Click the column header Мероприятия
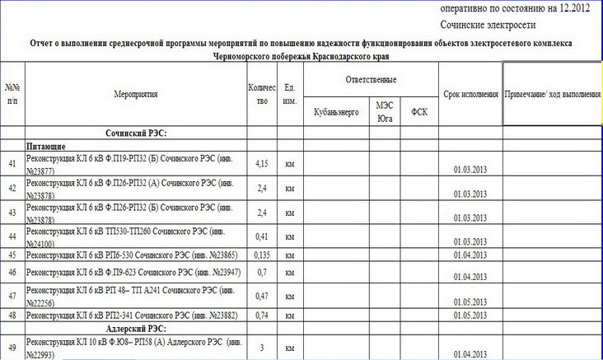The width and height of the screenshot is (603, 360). pos(136,95)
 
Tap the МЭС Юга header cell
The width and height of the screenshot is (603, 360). pos(384,112)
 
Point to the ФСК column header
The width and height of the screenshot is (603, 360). pos(418,111)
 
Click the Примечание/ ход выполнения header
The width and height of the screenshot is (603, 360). pos(553,94)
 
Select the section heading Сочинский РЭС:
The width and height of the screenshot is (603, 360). pos(137,132)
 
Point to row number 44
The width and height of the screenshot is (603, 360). pos(12,236)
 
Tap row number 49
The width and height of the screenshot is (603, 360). pos(12,347)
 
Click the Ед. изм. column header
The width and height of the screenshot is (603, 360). pos(289,94)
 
